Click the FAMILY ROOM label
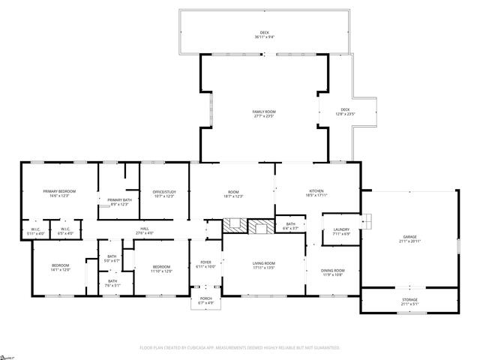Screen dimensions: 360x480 point(264,112)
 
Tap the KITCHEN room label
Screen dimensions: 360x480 point(316,193)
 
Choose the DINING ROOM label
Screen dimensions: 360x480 point(332,271)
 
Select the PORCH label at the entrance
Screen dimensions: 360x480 point(205,300)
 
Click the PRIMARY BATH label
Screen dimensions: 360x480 point(120,201)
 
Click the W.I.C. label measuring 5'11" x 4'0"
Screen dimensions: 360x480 point(35,231)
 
